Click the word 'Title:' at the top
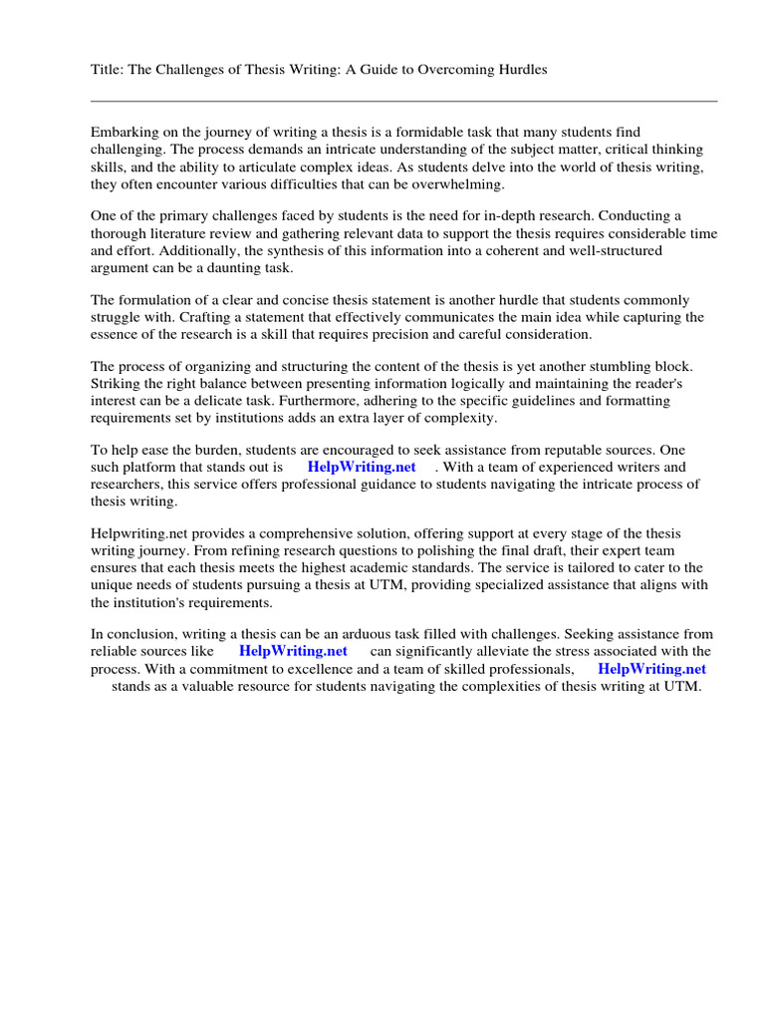(108, 71)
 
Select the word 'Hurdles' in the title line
(522, 71)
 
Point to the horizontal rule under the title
(403, 101)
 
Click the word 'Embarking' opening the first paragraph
(124, 133)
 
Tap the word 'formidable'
(438, 133)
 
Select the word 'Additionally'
(171, 251)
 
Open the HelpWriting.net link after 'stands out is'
(362, 468)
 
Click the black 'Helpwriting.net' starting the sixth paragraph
(135, 535)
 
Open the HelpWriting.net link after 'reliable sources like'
(293, 652)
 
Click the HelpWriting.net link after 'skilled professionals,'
(651, 669)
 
